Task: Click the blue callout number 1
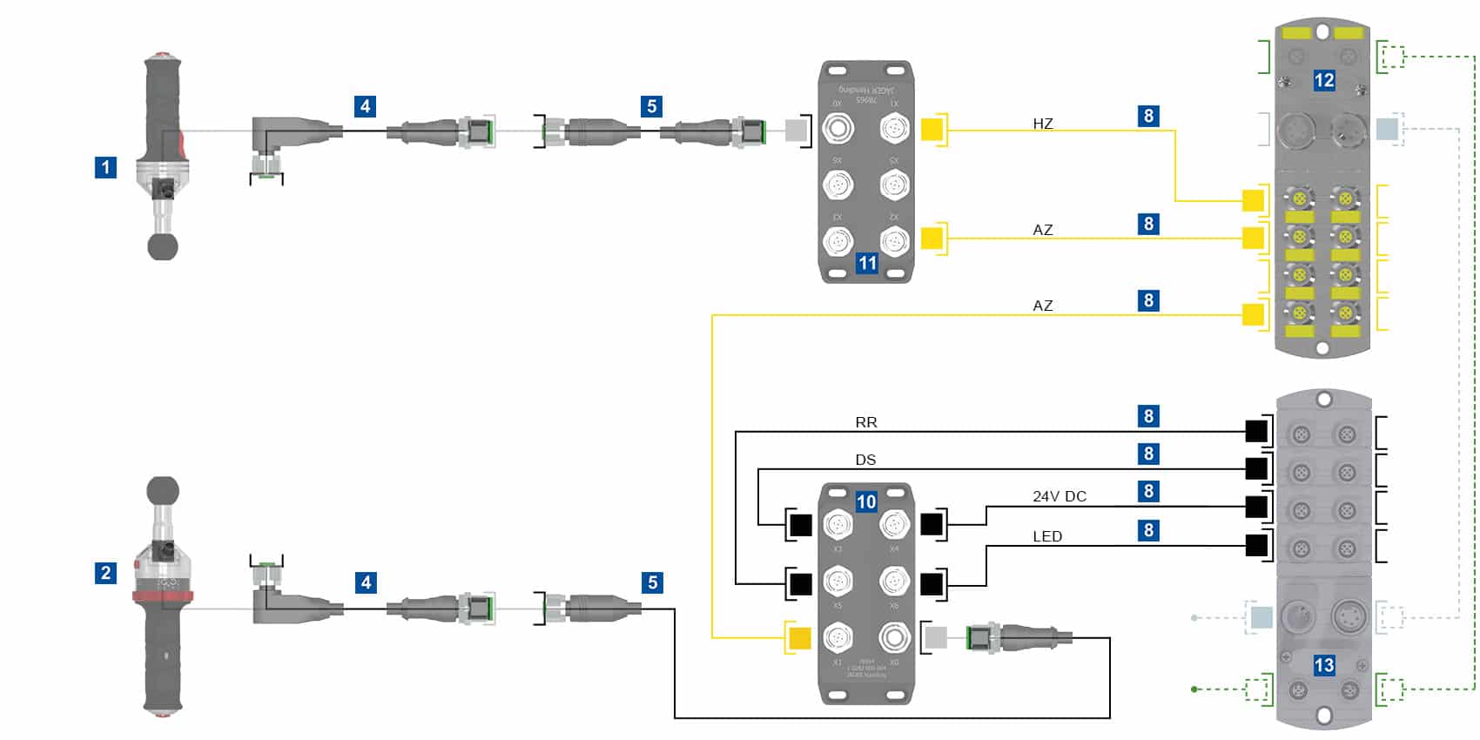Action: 105,167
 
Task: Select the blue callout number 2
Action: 105,573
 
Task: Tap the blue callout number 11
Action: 867,263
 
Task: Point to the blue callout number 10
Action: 866,501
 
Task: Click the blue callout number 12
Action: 1323,81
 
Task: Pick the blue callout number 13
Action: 1323,666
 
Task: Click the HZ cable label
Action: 1043,124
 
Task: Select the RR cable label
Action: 866,422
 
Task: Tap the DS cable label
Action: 865,460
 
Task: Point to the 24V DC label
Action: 1060,496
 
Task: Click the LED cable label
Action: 1047,536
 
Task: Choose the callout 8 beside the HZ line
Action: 1148,116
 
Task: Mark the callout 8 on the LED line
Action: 1148,530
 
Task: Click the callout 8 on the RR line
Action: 1148,416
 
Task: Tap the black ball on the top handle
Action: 163,246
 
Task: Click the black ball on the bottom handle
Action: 163,491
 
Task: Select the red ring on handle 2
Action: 163,595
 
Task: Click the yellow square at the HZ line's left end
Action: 932,131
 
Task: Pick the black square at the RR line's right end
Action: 1256,431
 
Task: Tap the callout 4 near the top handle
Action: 366,106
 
